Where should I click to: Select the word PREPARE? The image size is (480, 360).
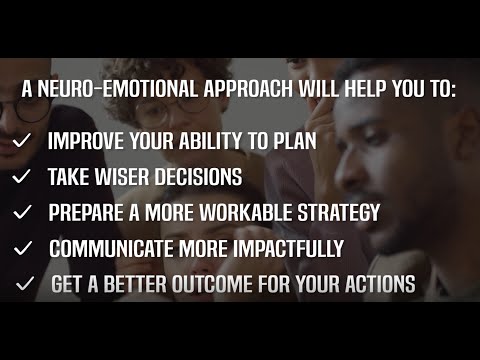(x=87, y=213)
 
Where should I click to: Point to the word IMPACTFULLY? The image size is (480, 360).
(x=287, y=248)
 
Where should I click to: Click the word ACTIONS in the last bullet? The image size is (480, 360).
(x=376, y=284)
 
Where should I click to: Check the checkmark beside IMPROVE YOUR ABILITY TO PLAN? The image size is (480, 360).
(x=22, y=141)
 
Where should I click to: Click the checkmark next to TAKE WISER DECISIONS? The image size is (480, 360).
(x=22, y=177)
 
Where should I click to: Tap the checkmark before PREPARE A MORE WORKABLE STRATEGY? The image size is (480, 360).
(x=22, y=213)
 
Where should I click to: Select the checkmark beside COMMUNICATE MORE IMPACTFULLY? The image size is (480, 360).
(x=24, y=248)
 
